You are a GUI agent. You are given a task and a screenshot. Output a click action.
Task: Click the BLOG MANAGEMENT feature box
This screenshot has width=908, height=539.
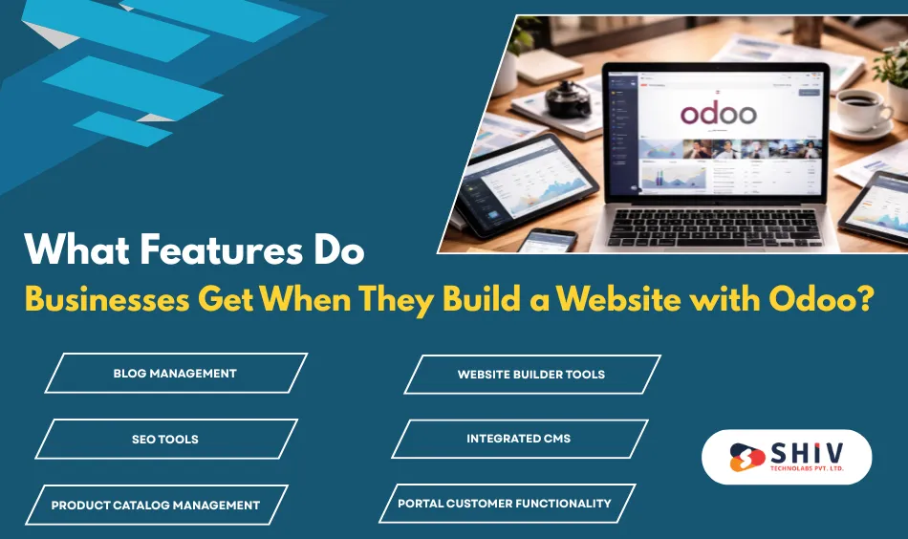tap(175, 373)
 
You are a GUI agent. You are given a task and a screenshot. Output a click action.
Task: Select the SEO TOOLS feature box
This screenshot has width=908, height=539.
tap(165, 439)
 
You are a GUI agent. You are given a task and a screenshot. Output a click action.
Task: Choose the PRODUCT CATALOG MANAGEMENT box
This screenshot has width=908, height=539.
tap(156, 505)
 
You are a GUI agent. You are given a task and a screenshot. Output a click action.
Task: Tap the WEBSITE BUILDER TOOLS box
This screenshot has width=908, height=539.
tap(531, 374)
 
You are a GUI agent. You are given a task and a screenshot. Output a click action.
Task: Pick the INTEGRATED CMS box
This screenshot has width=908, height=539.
tap(519, 439)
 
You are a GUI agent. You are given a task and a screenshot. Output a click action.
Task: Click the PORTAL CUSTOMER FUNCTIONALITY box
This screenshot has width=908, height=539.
tap(505, 503)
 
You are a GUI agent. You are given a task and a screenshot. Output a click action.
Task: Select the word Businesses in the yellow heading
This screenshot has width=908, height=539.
tap(107, 299)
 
